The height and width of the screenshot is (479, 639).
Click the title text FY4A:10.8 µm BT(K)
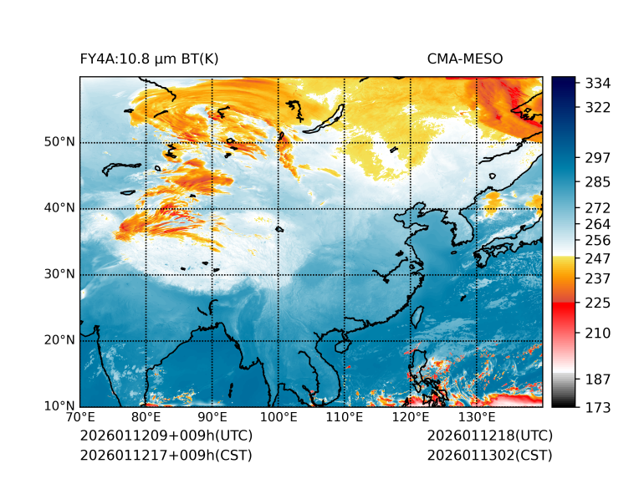pos(149,59)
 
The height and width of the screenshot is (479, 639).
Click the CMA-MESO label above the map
pos(464,59)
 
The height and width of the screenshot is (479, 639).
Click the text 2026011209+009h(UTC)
pos(166,436)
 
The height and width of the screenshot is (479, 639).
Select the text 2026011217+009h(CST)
pos(166,456)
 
